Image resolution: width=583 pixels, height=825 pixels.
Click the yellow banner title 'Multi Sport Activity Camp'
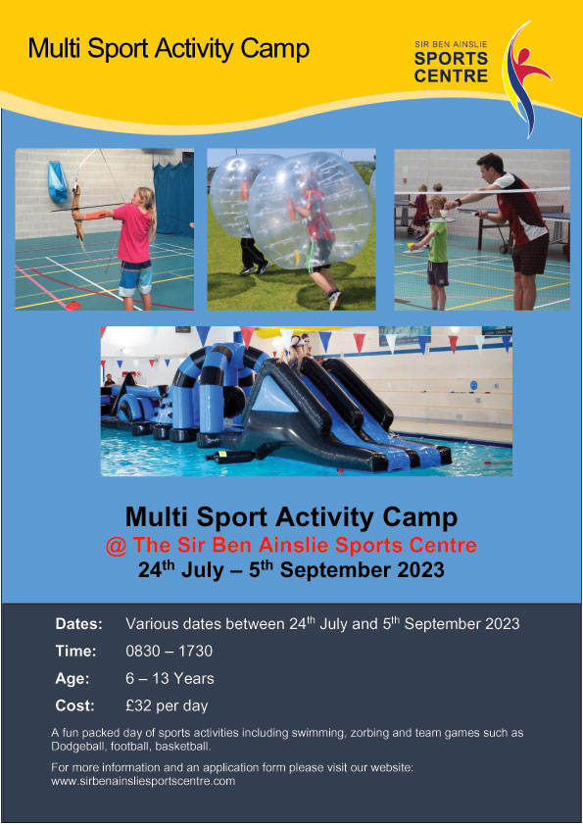169,48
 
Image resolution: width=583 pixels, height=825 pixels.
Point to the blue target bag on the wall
57,181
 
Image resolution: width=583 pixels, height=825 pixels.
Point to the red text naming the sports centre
291,546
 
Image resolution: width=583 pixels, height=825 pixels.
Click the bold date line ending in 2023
291,570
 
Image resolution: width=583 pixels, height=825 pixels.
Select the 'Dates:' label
78,624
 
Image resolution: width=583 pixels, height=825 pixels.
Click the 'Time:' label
75,651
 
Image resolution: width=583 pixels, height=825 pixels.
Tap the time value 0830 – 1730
169,651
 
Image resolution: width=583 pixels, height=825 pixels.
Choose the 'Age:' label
73,678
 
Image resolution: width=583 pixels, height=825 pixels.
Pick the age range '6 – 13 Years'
170,678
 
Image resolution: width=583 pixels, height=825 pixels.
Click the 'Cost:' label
75,705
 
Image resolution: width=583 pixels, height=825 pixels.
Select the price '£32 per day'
167,705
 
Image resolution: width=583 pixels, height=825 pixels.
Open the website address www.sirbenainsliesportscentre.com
143,782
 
